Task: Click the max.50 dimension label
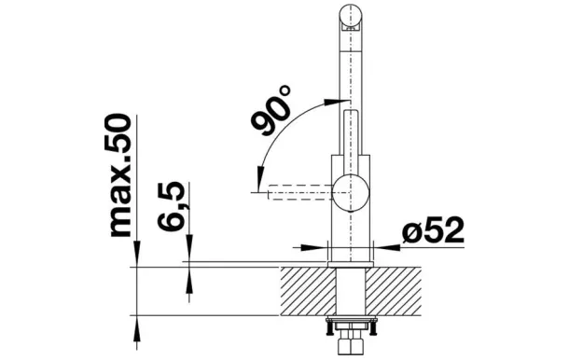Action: (x=121, y=175)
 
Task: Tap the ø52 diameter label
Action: (x=433, y=230)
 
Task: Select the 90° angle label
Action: (x=271, y=110)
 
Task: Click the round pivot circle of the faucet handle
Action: (x=351, y=192)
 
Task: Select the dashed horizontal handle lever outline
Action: (x=300, y=192)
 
